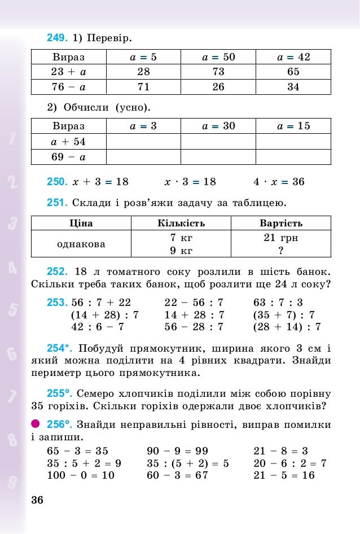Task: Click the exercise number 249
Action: coord(57,38)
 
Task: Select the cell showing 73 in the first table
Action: coord(218,72)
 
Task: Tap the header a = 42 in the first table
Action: coord(293,57)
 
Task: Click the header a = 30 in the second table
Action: coord(218,126)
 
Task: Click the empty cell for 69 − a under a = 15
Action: coord(293,156)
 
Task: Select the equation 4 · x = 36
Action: coord(279,182)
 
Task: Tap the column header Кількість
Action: coord(181,223)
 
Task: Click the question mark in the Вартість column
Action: coord(280,250)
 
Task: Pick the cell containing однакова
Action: coord(81,244)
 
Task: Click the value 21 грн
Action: coord(280,238)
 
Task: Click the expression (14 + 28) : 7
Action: coord(105,315)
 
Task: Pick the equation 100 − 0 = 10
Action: coord(81,475)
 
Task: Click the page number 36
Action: coord(37,500)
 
